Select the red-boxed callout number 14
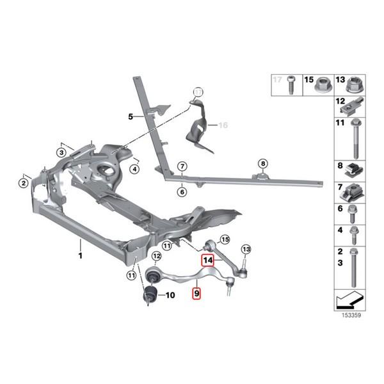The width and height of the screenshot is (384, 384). pos(208,260)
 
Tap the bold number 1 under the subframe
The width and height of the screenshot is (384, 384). pos(81,255)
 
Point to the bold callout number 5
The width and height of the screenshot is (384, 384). pos(130,116)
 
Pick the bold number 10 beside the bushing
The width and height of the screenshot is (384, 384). pos(169,296)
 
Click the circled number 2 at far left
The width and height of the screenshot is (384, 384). pos(22,184)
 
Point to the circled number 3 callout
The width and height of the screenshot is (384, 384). pos(61,152)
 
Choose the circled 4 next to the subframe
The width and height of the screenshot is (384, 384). pos(135,169)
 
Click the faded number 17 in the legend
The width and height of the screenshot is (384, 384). pos(277,79)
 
